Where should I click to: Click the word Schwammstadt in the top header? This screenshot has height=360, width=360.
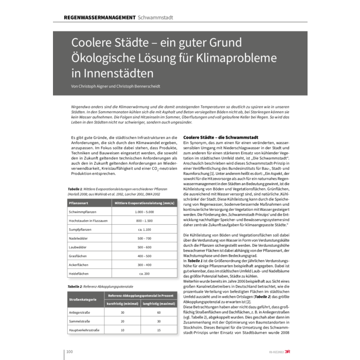click(x=155, y=17)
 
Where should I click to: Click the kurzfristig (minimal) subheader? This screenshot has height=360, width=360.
click(x=123, y=303)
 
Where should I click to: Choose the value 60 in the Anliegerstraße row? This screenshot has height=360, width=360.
click(x=158, y=312)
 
